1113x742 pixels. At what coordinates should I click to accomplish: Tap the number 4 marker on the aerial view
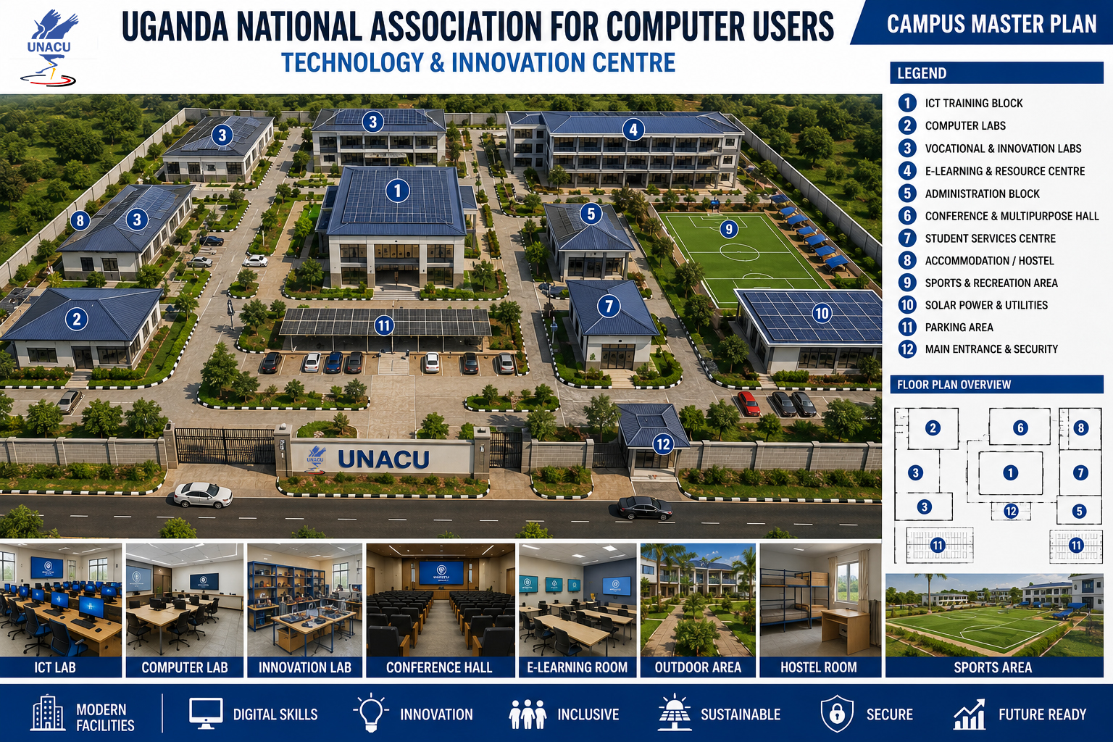633,130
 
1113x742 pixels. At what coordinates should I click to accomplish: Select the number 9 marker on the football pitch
729,228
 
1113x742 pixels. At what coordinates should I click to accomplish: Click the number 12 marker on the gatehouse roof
663,443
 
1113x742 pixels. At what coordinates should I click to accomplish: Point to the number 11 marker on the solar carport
383,326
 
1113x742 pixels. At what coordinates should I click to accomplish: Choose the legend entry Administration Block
982,193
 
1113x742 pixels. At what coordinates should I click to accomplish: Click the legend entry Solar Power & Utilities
986,305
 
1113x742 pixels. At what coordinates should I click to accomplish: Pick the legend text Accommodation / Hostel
989,261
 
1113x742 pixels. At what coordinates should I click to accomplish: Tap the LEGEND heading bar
996,73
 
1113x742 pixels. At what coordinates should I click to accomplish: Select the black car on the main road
644,507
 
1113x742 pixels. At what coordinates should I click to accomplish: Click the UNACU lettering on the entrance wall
383,459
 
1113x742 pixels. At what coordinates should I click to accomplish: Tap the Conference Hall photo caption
439,667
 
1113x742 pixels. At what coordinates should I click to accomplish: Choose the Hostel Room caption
818,667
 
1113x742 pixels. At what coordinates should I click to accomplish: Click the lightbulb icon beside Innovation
371,713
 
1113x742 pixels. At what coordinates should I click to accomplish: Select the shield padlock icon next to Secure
837,714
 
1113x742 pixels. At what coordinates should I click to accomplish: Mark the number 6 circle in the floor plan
1020,428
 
